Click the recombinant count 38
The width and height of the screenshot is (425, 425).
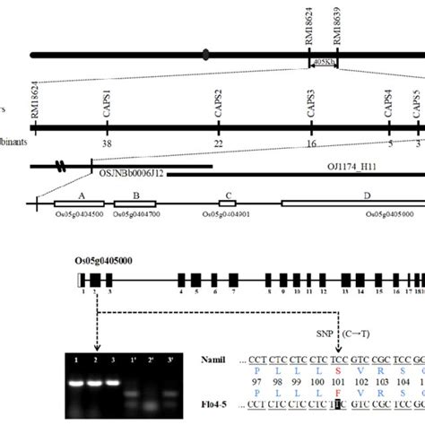click(x=107, y=143)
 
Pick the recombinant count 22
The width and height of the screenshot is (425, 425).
click(x=219, y=143)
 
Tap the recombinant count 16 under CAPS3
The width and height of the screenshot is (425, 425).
click(x=311, y=143)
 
